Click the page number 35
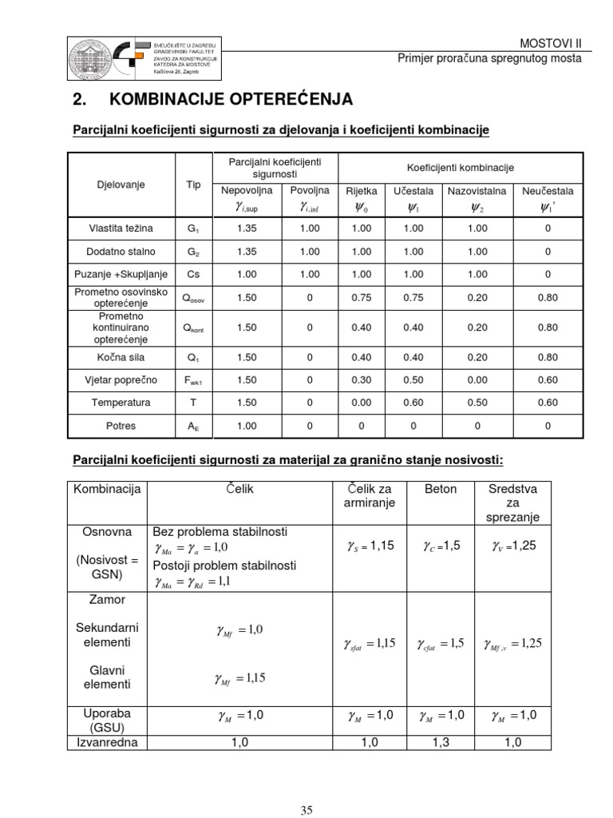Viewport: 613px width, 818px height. click(x=306, y=810)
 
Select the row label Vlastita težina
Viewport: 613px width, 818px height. click(x=121, y=228)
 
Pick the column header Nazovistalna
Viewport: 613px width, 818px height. click(x=477, y=191)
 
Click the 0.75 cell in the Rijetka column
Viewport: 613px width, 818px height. click(x=361, y=297)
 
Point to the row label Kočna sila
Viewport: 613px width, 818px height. click(x=121, y=357)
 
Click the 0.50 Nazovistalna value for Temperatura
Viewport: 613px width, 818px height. click(x=477, y=403)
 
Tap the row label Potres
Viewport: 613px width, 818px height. click(x=121, y=426)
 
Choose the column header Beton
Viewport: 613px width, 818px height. click(x=441, y=488)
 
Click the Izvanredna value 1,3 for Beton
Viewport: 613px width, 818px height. click(x=441, y=742)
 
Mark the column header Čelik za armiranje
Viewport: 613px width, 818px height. click(x=370, y=495)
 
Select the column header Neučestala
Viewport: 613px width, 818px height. click(x=548, y=191)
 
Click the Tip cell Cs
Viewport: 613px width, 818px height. click(x=193, y=274)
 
